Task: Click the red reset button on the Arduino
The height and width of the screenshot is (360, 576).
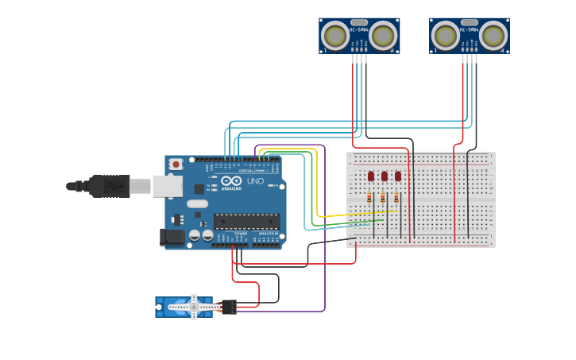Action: tap(176, 165)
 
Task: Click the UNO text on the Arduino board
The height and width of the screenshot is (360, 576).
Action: tap(256, 181)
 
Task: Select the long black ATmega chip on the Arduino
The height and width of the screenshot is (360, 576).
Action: tap(245, 222)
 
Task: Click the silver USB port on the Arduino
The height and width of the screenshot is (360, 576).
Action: tap(167, 186)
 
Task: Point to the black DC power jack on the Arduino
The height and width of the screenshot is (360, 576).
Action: tap(172, 236)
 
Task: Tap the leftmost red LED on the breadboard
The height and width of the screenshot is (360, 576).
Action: tap(371, 176)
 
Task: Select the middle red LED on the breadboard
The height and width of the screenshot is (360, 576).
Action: tap(385, 176)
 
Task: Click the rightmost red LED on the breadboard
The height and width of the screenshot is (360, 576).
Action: tap(398, 176)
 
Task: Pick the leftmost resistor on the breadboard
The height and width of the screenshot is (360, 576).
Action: tap(369, 197)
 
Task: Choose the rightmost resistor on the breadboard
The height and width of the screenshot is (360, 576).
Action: tap(396, 197)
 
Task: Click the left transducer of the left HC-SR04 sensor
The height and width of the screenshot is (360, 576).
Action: tap(335, 36)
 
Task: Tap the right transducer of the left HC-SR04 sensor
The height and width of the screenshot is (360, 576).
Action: tap(383, 36)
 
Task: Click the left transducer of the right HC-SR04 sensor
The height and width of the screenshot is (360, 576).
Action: tap(446, 36)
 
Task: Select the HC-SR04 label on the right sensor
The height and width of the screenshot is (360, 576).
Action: tap(470, 30)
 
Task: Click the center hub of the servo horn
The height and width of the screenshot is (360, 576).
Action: tap(193, 307)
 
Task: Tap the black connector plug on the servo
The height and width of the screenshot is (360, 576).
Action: tap(229, 307)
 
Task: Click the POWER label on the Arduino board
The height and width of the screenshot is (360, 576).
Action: tap(240, 233)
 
